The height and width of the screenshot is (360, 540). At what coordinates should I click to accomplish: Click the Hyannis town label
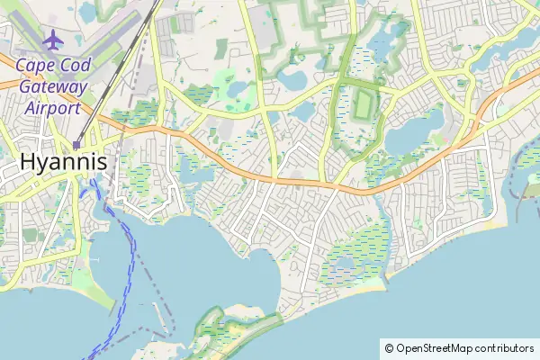tap(62, 163)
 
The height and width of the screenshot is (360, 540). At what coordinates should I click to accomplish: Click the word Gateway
tap(51, 86)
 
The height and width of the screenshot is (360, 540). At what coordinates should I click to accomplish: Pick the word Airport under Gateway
tap(51, 108)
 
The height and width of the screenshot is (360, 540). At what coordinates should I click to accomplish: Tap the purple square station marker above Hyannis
tap(77, 144)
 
